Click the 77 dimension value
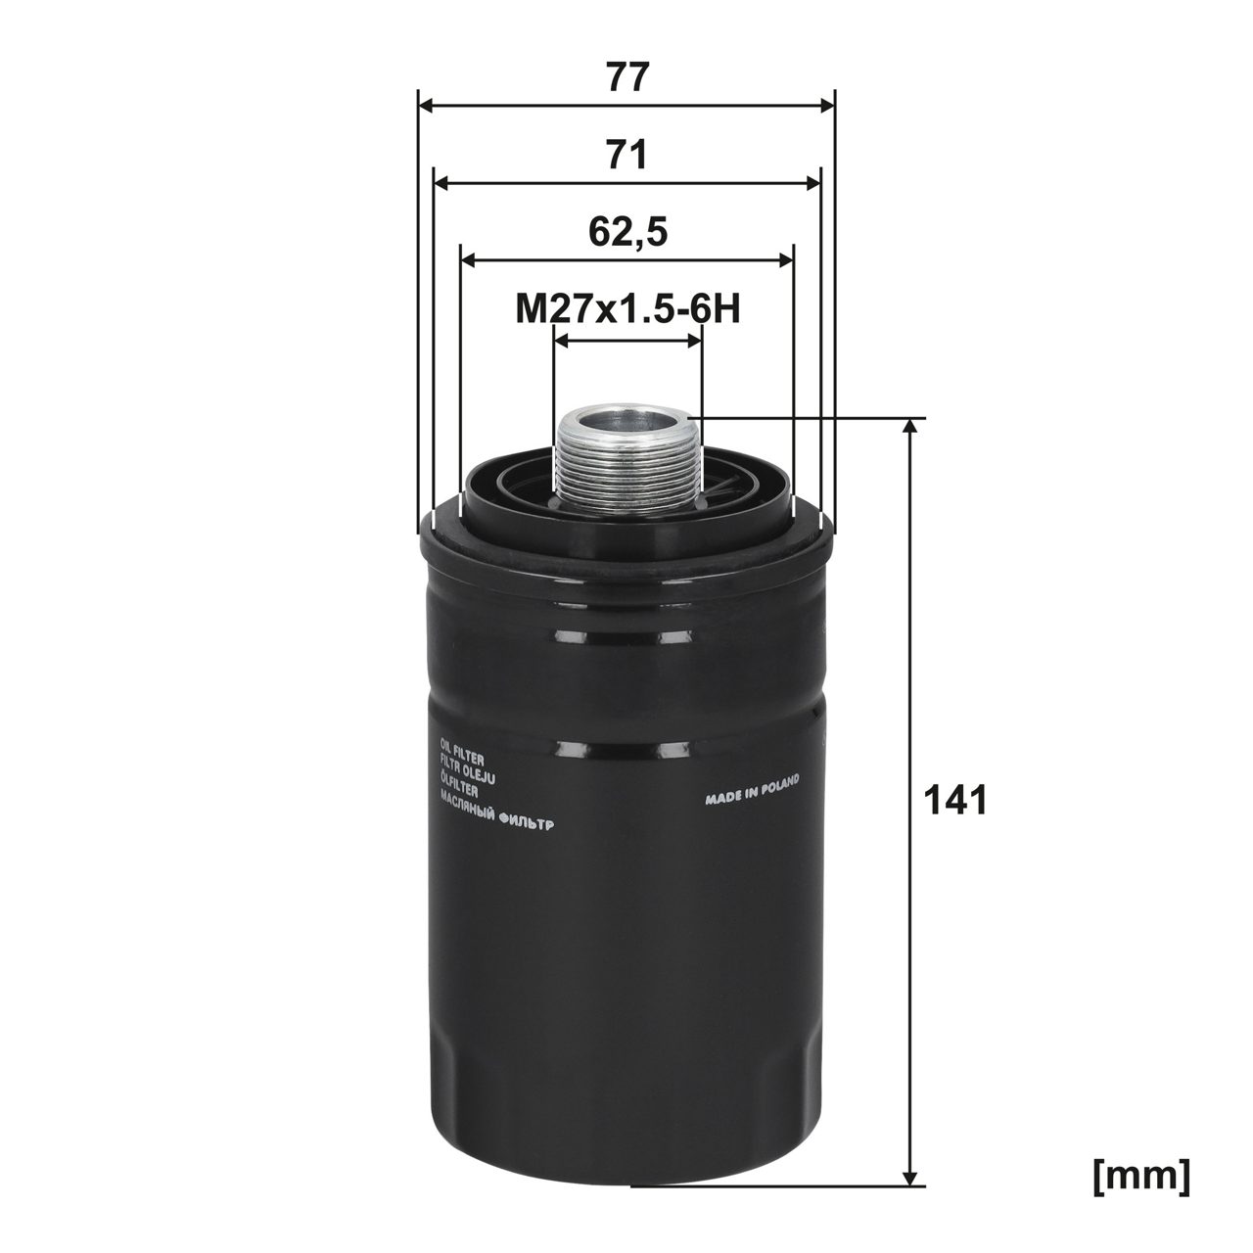click(x=626, y=77)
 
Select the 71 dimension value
click(x=626, y=155)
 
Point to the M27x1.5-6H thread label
click(x=626, y=310)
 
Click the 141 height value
click(x=956, y=801)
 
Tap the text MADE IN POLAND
click(x=752, y=789)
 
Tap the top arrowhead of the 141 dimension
click(x=911, y=425)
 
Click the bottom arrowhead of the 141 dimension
click(x=911, y=1178)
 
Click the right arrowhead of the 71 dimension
click(x=814, y=183)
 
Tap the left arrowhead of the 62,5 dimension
click(x=467, y=260)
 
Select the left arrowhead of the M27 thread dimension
click(x=560, y=338)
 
